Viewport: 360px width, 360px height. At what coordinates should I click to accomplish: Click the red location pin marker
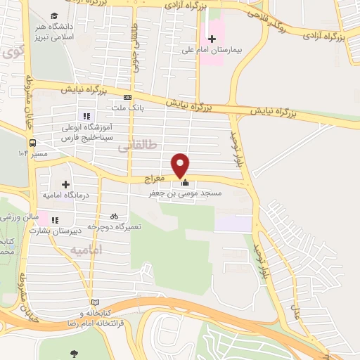[181, 165]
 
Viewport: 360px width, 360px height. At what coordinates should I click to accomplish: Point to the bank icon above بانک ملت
[127, 97]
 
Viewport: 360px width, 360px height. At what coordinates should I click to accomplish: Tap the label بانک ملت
[127, 108]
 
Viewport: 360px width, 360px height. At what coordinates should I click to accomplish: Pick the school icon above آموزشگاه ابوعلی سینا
[86, 116]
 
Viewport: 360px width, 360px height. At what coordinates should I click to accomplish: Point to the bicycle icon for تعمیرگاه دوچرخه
[114, 216]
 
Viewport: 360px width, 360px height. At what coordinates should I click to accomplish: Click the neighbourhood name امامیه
[87, 250]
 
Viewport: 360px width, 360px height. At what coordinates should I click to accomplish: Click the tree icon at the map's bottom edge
[75, 353]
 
